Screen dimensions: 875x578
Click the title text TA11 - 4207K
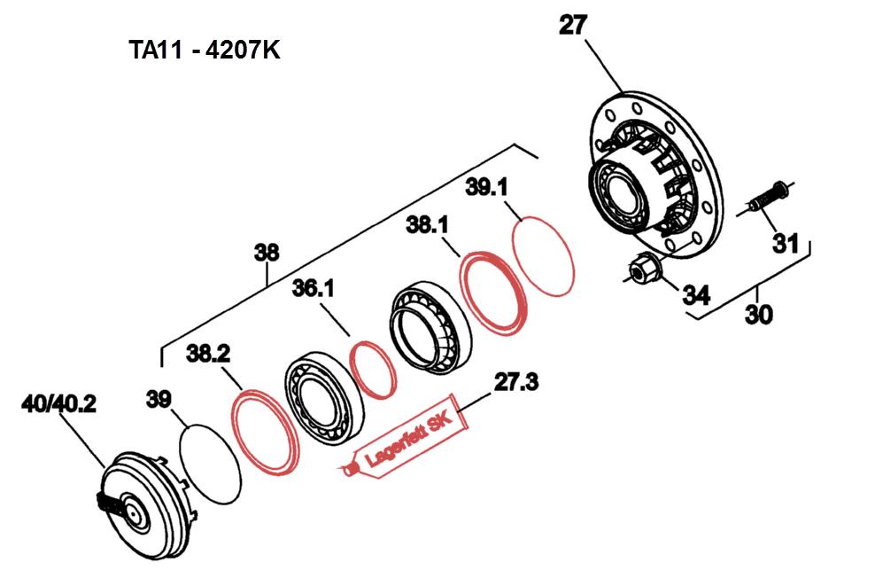205,51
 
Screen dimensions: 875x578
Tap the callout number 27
573,26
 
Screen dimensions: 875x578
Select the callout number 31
786,244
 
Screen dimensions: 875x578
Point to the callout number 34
696,295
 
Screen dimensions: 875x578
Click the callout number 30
759,315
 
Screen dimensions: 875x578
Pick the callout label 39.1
486,188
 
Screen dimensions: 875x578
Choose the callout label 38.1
427,226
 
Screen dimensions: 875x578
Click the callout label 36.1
313,289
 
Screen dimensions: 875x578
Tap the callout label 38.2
207,353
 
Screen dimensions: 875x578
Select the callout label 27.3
516,383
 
